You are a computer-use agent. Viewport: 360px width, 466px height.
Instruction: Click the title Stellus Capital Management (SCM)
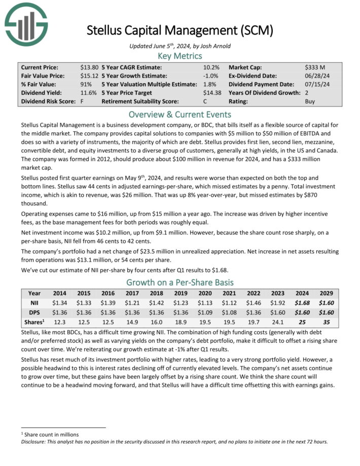coord(180,30)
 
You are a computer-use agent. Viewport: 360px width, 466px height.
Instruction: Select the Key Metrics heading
coord(180,56)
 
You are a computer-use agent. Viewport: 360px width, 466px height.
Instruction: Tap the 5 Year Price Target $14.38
coord(212,93)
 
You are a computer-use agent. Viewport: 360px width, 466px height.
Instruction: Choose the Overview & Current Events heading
coord(180,114)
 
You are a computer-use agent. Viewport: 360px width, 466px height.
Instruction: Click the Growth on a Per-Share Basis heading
coord(180,282)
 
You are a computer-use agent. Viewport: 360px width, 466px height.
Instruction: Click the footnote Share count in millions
coord(51,434)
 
